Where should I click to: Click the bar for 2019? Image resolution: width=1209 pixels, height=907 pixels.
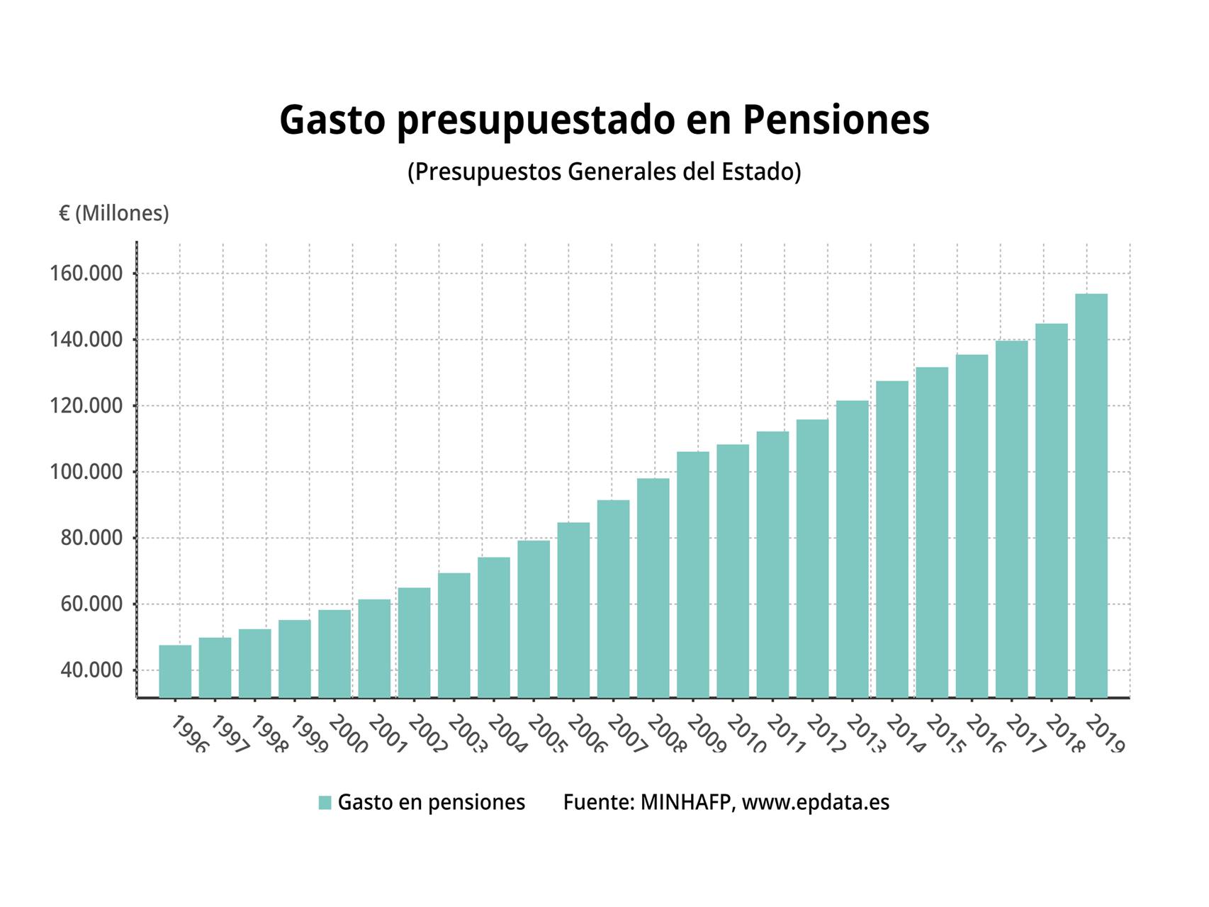[x=1091, y=496]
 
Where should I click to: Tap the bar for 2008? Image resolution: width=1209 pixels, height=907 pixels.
[x=653, y=588]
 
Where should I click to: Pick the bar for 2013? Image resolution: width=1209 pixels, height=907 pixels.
[x=852, y=549]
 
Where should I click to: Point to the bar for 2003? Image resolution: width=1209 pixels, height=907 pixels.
[x=454, y=635]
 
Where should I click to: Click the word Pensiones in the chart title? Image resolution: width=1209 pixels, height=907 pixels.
[x=836, y=120]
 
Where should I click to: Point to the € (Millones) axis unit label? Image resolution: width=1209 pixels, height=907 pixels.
[x=114, y=213]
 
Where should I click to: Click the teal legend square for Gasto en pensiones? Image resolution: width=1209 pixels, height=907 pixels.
[x=325, y=802]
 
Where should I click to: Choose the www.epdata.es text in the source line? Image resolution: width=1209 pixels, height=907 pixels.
[x=815, y=802]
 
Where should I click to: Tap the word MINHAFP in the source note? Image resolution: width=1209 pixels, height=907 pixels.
[x=685, y=802]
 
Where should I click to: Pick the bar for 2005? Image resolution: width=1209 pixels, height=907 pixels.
[x=534, y=619]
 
